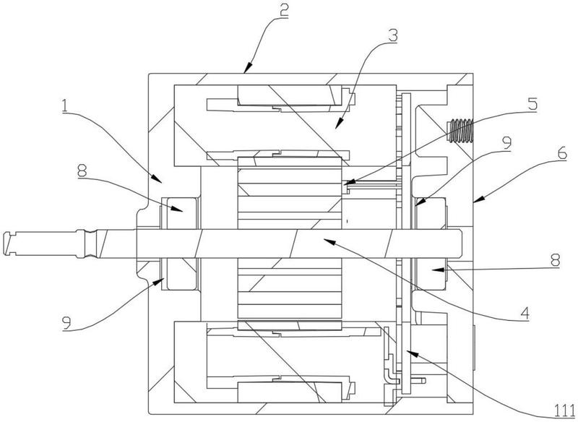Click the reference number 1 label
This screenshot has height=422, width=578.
[x=65, y=105]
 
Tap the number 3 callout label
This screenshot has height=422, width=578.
[x=393, y=35]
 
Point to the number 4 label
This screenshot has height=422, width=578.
[x=525, y=314]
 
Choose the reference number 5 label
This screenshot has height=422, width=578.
[x=532, y=103]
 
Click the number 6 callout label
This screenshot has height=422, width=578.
[x=562, y=152]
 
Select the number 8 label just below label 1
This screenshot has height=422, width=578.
[x=82, y=171]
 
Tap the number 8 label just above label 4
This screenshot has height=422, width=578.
[x=555, y=260]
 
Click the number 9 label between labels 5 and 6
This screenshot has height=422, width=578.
[x=507, y=142]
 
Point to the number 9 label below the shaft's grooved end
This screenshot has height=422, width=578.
[x=66, y=323]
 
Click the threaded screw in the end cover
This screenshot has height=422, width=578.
[x=460, y=130]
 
